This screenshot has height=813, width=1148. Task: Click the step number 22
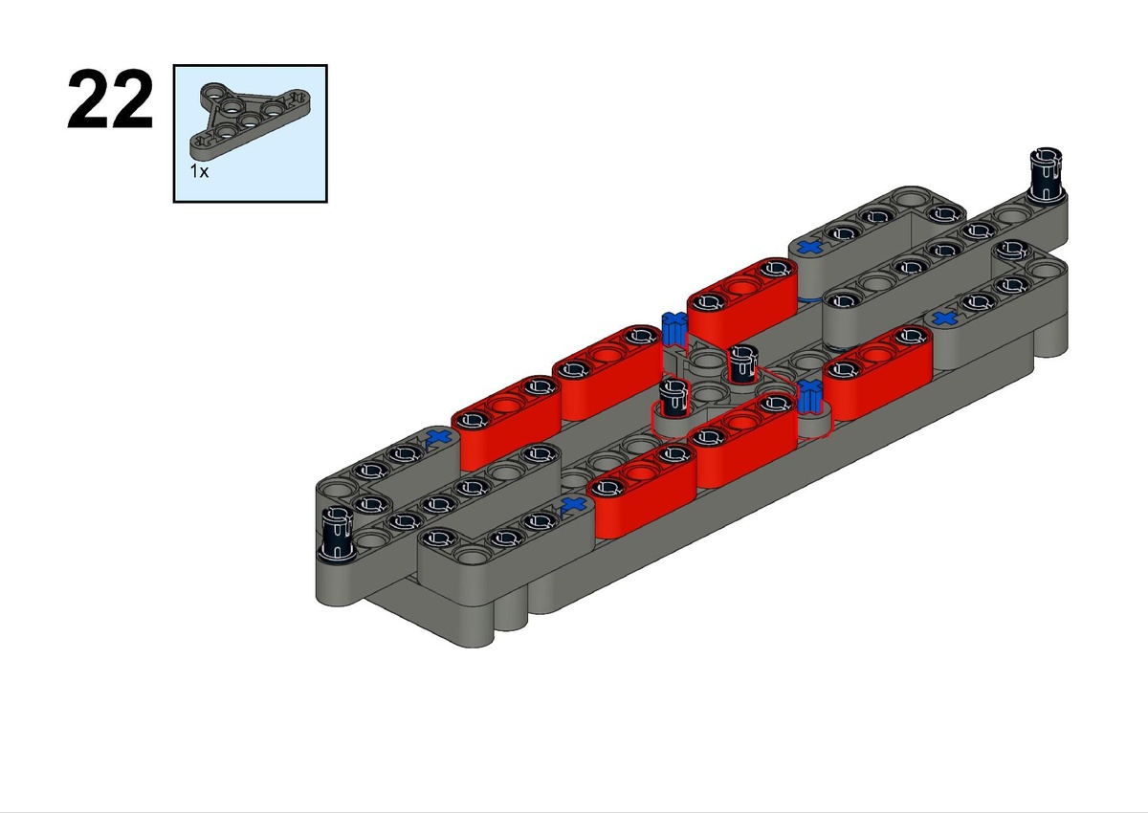[x=110, y=99]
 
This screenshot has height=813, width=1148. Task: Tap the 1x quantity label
[x=199, y=171]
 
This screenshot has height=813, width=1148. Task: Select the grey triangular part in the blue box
[x=250, y=120]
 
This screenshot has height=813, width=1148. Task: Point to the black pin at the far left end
[x=336, y=534]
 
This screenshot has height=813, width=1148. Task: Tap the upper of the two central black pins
[x=741, y=363]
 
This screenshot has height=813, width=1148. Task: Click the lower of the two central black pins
[x=673, y=398]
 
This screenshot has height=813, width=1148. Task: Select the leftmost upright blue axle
[x=673, y=329]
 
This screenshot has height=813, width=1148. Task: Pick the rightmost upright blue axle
[x=809, y=397]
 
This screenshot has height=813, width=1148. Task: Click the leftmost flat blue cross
[x=439, y=436]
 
